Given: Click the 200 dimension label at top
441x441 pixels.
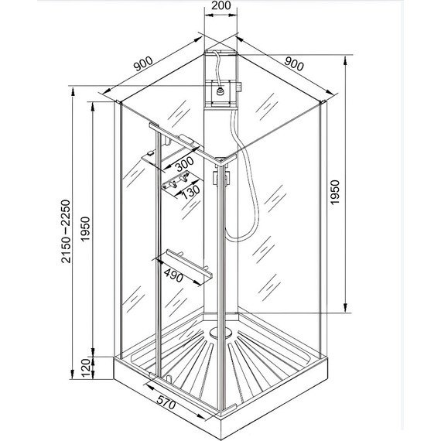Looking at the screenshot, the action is [220, 5].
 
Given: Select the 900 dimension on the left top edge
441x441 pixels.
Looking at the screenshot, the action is [143, 64].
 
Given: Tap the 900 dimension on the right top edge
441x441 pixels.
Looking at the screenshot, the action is [294, 64].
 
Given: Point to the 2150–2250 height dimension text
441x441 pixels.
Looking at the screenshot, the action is [66, 231].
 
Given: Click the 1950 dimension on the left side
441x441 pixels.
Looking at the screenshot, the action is [85, 229].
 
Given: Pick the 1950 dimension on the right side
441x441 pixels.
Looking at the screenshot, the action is [335, 193].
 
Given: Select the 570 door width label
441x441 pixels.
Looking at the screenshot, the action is [166, 402].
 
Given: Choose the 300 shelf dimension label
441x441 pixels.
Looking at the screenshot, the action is [185, 164].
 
